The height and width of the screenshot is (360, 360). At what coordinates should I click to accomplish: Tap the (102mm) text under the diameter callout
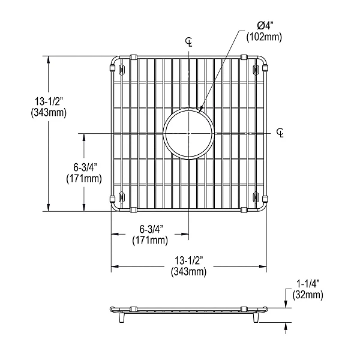(264, 37)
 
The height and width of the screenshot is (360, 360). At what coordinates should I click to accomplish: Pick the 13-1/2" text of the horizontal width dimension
(189, 260)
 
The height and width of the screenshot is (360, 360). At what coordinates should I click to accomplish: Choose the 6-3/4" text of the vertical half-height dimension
(83, 167)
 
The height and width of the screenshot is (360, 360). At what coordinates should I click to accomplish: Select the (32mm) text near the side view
(308, 294)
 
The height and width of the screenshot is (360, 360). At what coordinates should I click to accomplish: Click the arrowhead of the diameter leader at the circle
(199, 110)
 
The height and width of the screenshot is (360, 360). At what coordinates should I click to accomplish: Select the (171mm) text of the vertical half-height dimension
(83, 178)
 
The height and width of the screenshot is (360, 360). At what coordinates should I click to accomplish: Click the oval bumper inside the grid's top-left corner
(122, 70)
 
